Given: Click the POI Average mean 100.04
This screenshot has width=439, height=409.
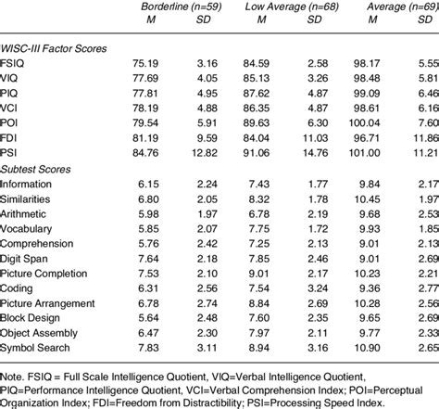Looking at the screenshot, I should point(386,124).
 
